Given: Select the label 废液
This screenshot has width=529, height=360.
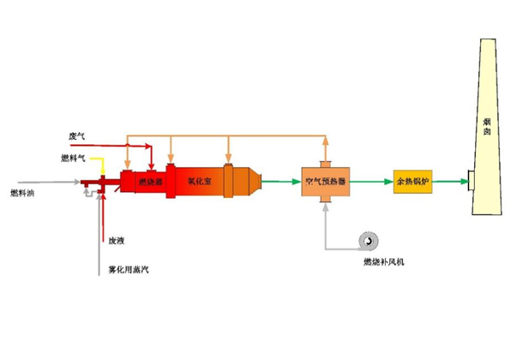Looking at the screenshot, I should click(x=117, y=241).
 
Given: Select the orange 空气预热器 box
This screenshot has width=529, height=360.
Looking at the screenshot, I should click(x=325, y=182).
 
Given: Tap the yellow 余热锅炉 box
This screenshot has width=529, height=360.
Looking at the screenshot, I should click(x=414, y=182).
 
